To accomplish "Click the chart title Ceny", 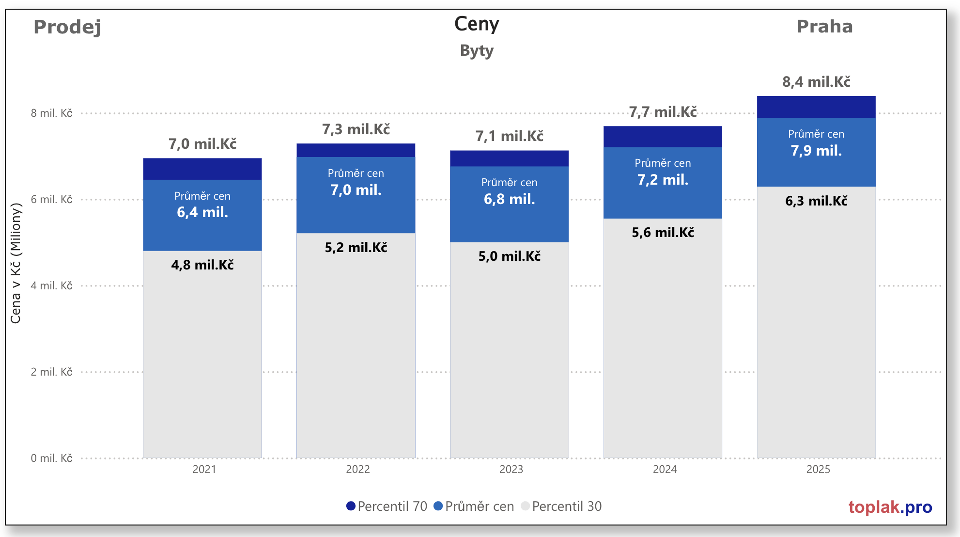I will (477, 24).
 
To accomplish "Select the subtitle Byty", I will (477, 50).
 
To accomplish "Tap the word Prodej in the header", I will (67, 27).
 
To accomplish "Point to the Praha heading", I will (824, 27).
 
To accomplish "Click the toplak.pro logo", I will (890, 507).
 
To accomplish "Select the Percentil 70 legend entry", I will (387, 506).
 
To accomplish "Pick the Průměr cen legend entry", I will (474, 506).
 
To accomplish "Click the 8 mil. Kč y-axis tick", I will (51, 113).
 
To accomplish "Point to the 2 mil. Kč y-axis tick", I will (51, 372).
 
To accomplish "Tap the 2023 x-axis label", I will (511, 469).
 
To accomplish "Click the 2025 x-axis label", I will (818, 469).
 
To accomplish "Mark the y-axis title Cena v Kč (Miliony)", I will (15, 263).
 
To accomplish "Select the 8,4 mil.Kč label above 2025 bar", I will (816, 82).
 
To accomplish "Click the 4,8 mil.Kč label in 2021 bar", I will (202, 265).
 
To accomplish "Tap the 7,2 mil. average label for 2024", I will (663, 180).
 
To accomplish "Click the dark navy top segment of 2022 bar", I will (356, 150).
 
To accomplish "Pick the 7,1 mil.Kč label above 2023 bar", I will (510, 136).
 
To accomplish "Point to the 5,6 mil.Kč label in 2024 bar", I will (663, 233).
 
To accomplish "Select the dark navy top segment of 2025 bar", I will (816, 107).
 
